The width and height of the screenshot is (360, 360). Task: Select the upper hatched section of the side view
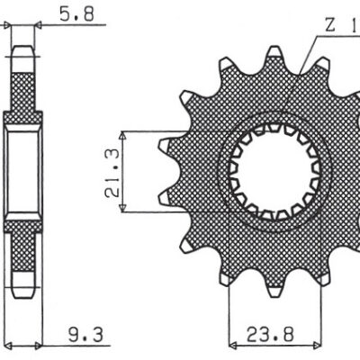click(24, 85)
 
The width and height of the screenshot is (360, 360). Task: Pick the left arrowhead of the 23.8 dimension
click(233, 344)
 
